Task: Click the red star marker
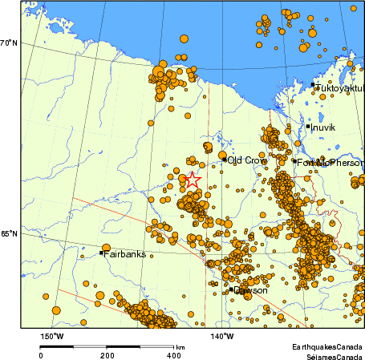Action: coord(193,181)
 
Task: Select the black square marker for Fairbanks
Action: coord(101,253)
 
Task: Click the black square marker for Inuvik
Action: coord(307,126)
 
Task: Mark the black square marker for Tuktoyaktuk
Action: coord(312,84)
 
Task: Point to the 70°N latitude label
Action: coord(9,42)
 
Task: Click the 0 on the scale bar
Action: coord(41,355)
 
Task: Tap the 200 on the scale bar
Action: coord(107,355)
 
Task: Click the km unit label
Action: coord(180,347)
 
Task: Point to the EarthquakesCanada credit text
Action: coord(326,346)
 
